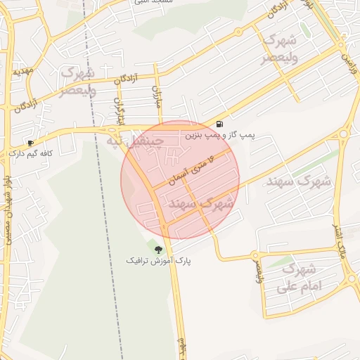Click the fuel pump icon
(220, 124)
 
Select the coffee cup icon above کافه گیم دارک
(30, 142)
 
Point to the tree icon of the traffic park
(158, 249)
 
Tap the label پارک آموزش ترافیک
(158, 260)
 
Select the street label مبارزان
(157, 97)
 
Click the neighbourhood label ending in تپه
(134, 141)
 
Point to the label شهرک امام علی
(298, 278)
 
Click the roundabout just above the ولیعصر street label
(256, 254)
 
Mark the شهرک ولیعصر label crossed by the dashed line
(77, 82)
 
